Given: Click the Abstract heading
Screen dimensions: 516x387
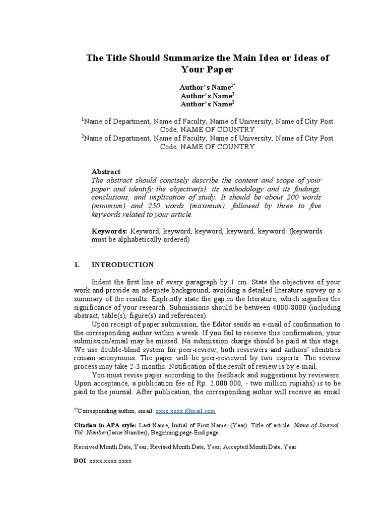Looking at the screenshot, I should (x=106, y=172).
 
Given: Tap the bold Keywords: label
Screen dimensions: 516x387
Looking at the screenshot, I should (x=109, y=231).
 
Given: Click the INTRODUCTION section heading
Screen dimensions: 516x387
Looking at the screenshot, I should (x=122, y=265).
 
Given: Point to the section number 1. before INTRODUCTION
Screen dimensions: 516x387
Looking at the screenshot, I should (x=77, y=265).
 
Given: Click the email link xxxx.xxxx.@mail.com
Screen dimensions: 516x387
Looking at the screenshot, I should (x=185, y=411).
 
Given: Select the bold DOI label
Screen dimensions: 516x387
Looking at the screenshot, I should (x=80, y=461).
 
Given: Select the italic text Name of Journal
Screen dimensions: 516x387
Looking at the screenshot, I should (x=317, y=425).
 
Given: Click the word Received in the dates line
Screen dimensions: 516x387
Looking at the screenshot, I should (x=88, y=446).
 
